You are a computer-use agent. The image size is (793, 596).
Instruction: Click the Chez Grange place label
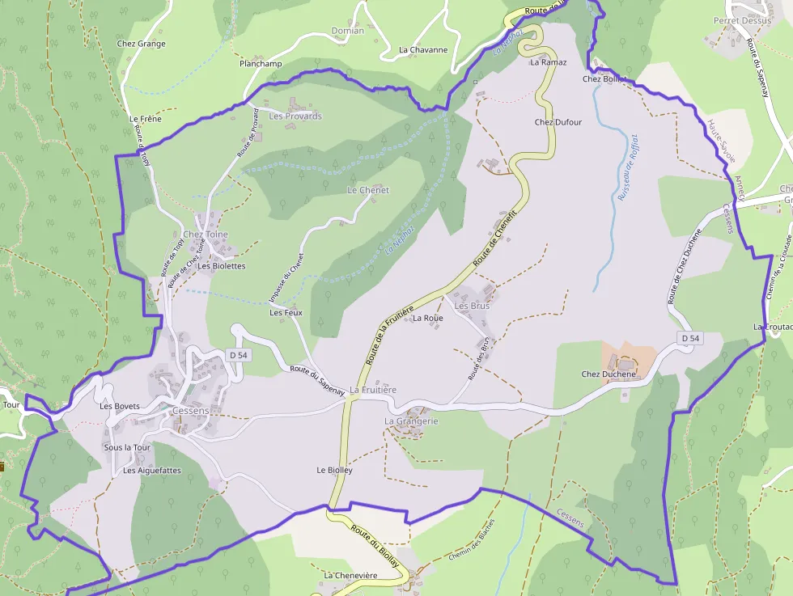141,44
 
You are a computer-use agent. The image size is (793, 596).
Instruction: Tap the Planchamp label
261,63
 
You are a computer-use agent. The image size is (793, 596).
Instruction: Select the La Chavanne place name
423,49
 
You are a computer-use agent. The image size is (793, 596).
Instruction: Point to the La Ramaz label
549,62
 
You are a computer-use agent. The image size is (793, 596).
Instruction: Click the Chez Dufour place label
558,122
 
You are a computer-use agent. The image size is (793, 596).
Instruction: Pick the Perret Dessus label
742,20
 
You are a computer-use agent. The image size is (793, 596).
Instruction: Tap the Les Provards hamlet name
295,116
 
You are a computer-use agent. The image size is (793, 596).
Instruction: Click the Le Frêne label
146,119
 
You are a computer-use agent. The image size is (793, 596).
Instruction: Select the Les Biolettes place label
222,265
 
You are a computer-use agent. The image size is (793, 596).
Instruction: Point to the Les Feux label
286,312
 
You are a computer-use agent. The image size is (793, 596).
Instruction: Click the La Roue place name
428,318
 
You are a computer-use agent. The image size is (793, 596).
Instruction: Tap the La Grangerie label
411,421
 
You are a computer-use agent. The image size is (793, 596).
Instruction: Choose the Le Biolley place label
335,470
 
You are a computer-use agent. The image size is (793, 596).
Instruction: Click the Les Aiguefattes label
152,470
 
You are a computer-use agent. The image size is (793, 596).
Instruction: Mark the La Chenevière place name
350,575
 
